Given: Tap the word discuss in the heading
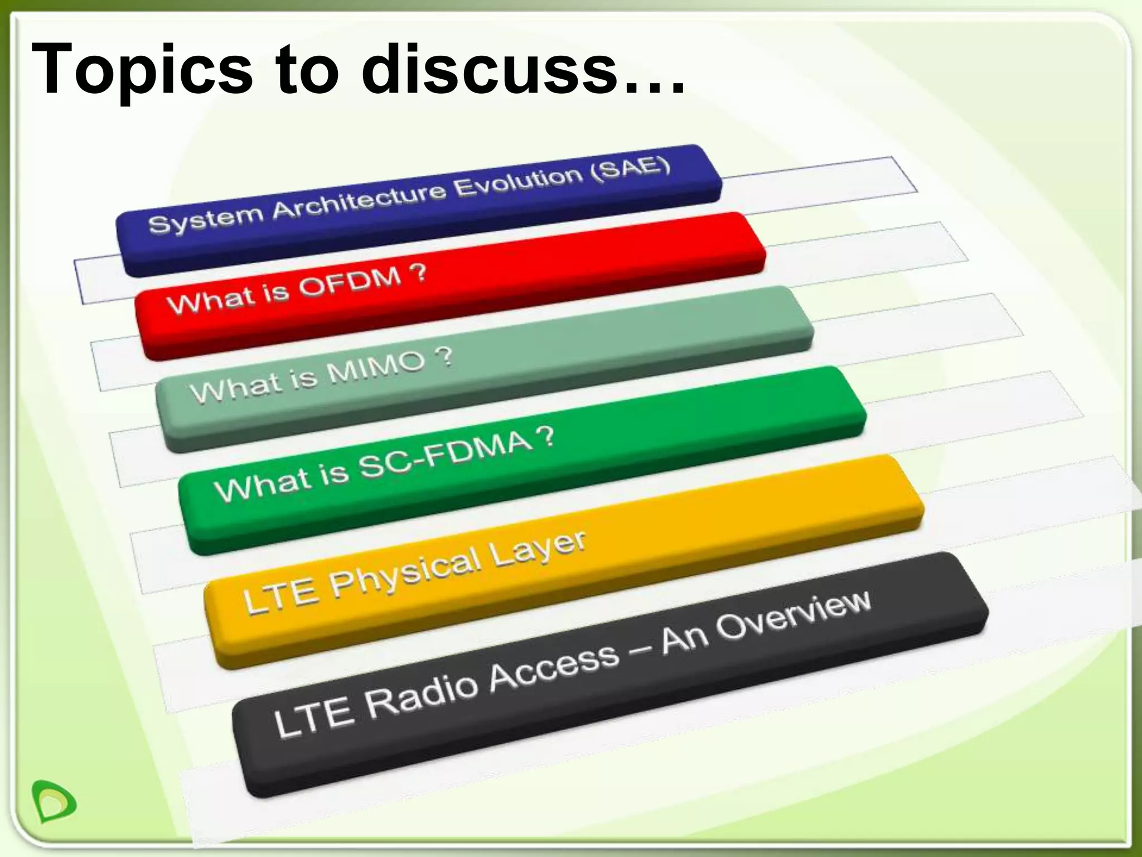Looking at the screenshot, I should [491, 70].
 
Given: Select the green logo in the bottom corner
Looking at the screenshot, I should [54, 801].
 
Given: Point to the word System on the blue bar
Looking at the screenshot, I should [205, 218].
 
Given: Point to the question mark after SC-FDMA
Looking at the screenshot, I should [548, 437].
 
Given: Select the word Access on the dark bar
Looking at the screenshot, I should [555, 665].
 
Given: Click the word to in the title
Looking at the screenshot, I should [307, 70].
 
